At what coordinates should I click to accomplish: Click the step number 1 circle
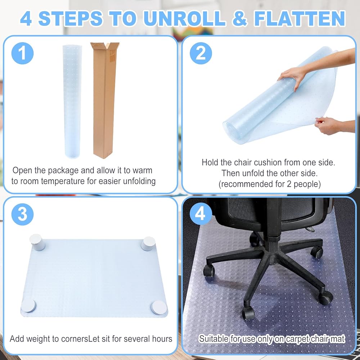coord(22,53)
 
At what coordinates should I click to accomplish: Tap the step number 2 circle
coord(201,53)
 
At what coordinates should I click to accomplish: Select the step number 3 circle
coord(22,214)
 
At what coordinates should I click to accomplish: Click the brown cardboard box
coord(104,100)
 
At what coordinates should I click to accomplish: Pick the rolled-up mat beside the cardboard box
coord(72,102)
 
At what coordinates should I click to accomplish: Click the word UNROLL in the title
coord(184,18)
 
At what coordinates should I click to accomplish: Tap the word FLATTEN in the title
coord(300,18)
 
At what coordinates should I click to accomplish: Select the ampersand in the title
coord(239,18)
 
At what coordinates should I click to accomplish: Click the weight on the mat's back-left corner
coord(37,242)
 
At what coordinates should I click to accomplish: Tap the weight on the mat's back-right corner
coord(148,243)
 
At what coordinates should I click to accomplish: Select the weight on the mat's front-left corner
coord(28,306)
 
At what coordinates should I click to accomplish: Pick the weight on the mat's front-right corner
coord(159,308)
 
